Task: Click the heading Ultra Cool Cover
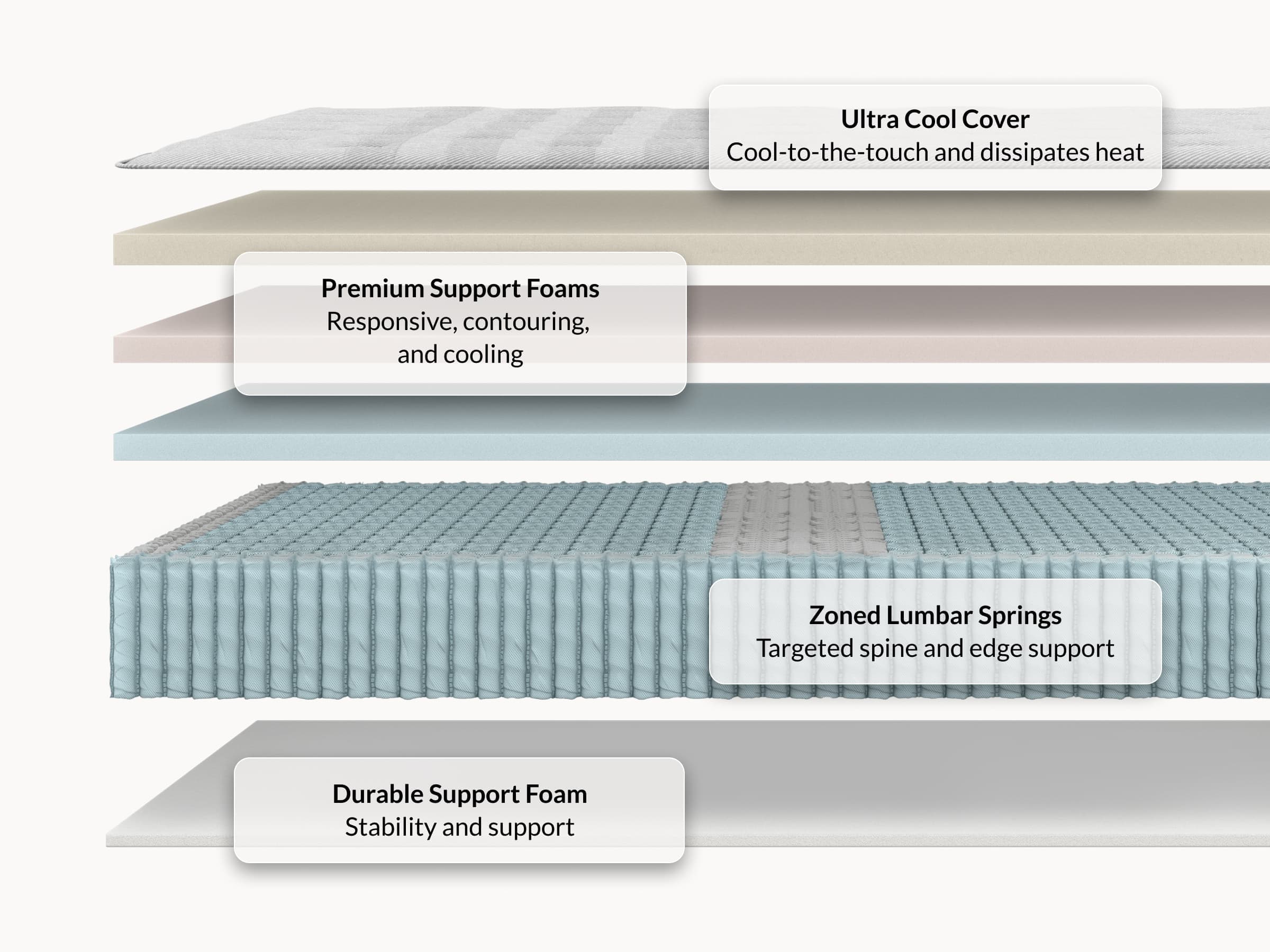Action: tap(935, 120)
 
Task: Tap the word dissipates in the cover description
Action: tap(1034, 153)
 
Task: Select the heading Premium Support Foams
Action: tap(460, 289)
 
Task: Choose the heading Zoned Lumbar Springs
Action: tap(935, 616)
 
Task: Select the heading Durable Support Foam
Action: tap(459, 794)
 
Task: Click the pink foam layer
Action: tap(976, 324)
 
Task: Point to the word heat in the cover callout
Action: tap(1120, 153)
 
